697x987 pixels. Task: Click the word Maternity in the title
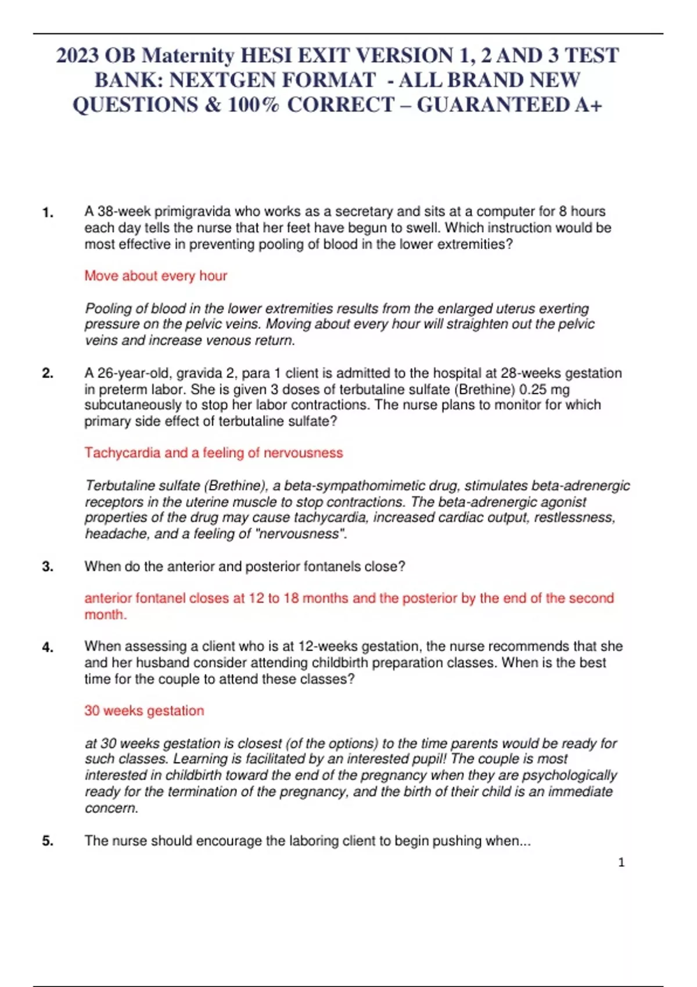(188, 56)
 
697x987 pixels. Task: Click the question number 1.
(48, 212)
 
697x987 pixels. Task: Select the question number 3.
(48, 567)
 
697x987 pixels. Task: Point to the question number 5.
(48, 841)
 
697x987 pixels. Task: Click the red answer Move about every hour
(156, 276)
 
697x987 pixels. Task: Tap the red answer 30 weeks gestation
(144, 711)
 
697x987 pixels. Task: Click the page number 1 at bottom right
(621, 863)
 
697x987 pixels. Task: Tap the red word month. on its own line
(105, 615)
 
